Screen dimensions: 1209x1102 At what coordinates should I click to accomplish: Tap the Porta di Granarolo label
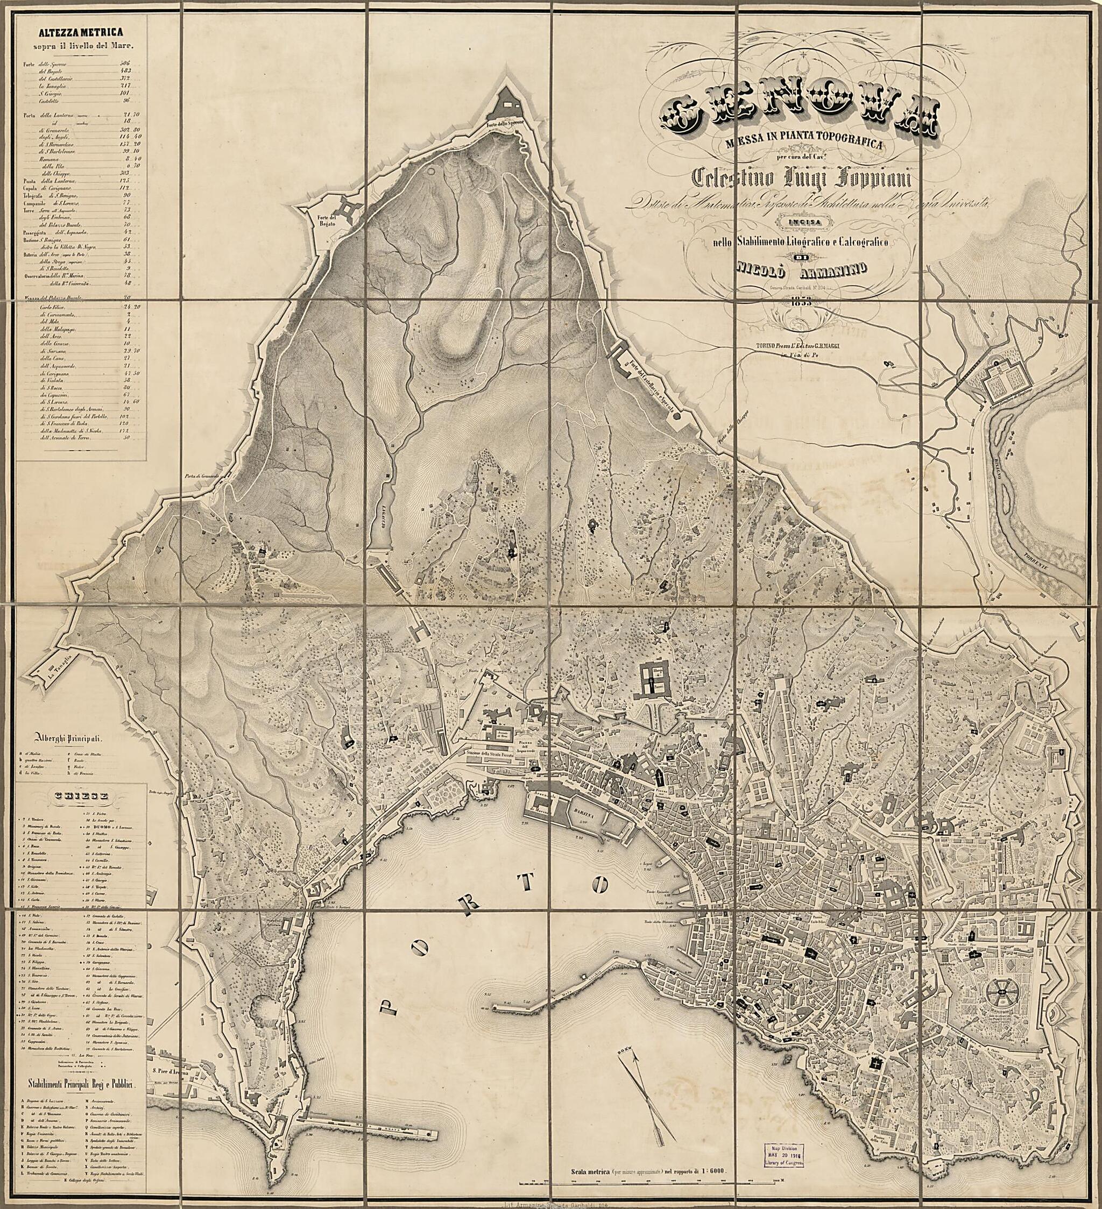[203, 478]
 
